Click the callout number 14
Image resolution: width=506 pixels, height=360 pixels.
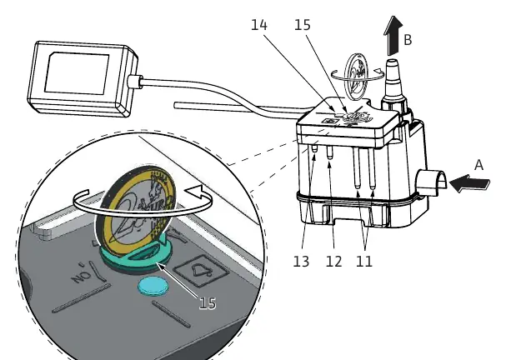[259, 25]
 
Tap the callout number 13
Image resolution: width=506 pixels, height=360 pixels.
[301, 262]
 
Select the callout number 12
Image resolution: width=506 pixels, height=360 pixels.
[333, 262]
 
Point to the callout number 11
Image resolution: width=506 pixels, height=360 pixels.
[364, 262]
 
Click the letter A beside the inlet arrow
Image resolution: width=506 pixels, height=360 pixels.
[478, 165]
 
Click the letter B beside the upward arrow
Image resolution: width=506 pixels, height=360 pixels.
[408, 40]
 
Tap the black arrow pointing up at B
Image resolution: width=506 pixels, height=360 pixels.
[393, 36]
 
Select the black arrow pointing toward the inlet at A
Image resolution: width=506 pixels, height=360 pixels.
[469, 184]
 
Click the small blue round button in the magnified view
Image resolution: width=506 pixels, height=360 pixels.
[153, 286]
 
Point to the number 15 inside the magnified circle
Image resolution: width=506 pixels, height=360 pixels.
[208, 303]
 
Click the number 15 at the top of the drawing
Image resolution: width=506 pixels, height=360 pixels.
[303, 25]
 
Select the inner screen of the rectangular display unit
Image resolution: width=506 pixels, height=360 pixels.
[77, 73]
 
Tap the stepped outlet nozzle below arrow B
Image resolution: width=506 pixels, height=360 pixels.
[393, 84]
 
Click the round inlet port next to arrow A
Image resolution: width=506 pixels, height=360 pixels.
[432, 182]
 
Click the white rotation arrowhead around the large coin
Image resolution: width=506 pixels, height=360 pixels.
[195, 192]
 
